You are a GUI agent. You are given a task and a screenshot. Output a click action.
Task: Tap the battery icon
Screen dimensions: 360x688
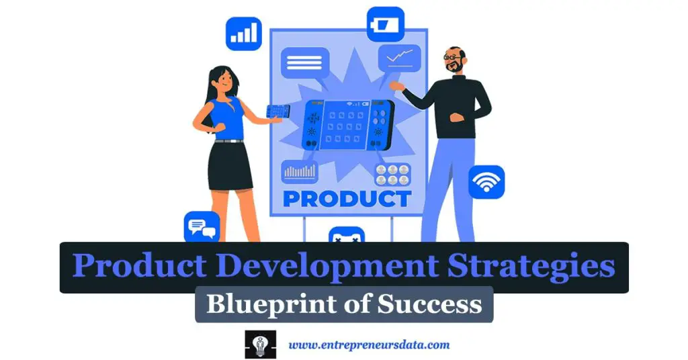385,24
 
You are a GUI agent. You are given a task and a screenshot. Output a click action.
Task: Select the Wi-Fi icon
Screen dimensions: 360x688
486,181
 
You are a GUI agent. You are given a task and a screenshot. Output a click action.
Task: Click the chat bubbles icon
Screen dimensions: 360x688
202,228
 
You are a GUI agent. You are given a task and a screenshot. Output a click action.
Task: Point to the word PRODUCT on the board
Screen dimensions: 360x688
347,199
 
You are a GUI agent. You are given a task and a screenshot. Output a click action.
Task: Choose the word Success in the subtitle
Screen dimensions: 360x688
429,304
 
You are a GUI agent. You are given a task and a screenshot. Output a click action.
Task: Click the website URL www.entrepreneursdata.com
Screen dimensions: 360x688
369,345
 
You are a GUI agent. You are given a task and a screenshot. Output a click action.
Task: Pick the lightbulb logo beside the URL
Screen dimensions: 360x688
260,345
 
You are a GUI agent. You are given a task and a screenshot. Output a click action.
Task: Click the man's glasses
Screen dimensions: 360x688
453,58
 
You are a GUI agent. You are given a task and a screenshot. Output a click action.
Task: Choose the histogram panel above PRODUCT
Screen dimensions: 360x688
299,171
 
